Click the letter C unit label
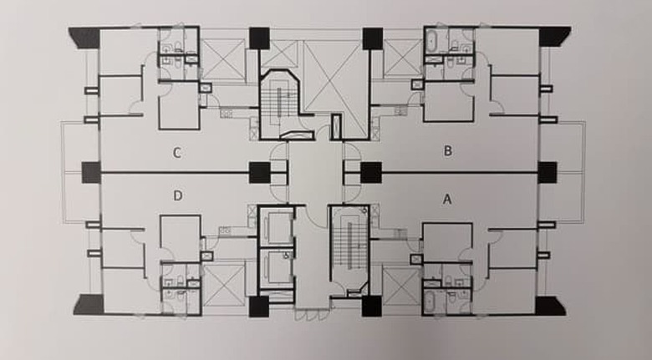tap(177, 153)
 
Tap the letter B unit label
tap(448, 150)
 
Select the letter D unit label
tap(177, 195)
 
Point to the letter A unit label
tap(447, 200)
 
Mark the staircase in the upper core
tap(278, 103)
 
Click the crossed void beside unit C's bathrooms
tap(224, 58)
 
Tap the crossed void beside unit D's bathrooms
tap(224, 286)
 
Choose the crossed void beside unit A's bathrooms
tap(401, 286)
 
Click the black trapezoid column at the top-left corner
tap(85, 38)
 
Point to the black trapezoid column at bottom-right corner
tap(552, 306)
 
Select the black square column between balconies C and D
tap(91, 173)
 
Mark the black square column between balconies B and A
tap(548, 173)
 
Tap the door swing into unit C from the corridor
tap(278, 152)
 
